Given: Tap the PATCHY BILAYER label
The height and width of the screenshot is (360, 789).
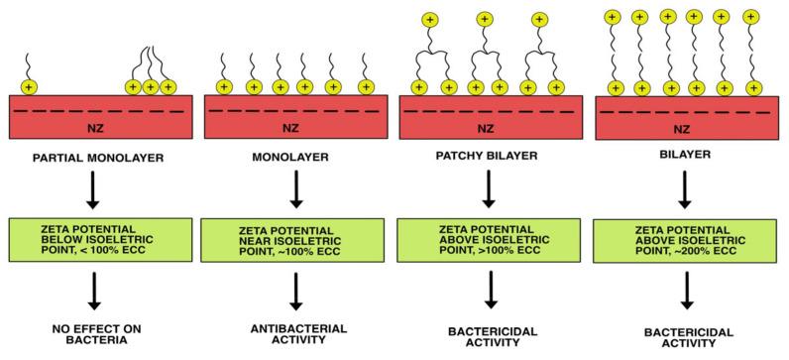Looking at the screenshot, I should (x=485, y=156).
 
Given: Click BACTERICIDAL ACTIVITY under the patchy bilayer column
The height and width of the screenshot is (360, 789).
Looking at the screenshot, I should (x=485, y=335).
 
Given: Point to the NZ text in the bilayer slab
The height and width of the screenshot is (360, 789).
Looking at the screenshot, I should (x=684, y=128).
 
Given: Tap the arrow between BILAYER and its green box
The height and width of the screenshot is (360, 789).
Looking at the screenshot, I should (x=684, y=189).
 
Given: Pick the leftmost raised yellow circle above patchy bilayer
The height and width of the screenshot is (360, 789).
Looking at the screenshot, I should (x=430, y=19).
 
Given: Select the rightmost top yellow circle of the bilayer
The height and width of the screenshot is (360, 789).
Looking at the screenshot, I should (x=749, y=17).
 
